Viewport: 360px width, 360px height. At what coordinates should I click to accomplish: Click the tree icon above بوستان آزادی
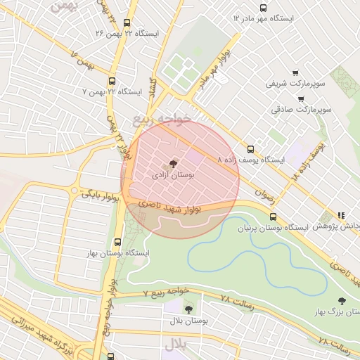point(174,163)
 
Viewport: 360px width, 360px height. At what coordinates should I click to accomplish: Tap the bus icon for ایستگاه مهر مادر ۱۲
point(263,9)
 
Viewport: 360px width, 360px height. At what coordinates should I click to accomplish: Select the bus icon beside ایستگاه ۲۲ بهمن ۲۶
point(126,22)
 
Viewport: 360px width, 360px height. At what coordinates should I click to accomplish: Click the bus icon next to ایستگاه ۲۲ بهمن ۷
point(113,80)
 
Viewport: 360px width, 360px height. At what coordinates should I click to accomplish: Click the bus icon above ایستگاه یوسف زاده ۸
point(250,148)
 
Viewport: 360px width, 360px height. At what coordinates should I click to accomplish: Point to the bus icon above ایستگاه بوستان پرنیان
point(273,217)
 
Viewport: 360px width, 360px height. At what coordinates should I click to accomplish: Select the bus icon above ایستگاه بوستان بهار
point(118,241)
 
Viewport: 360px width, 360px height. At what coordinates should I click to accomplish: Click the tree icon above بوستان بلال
point(188,309)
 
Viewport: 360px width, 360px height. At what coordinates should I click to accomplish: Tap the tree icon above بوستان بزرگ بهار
point(342,300)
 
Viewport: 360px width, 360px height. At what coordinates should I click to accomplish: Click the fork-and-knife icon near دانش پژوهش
point(341,215)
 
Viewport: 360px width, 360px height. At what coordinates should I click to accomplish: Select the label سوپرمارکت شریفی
point(295,84)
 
